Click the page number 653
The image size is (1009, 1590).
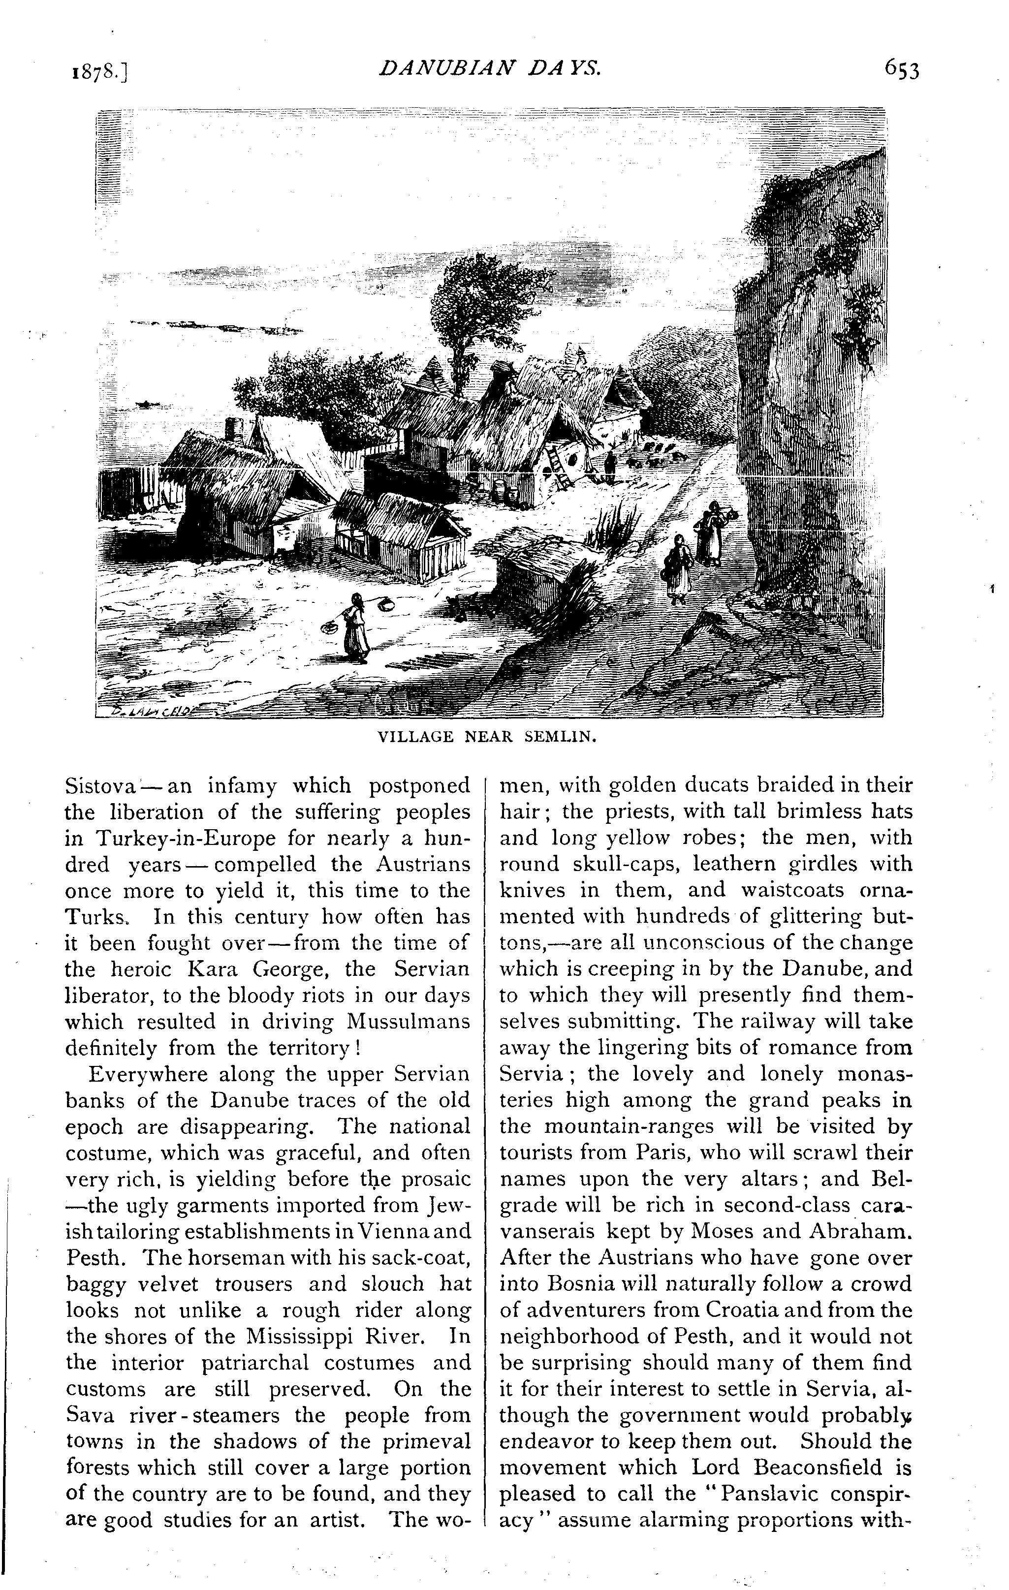pos(901,69)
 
